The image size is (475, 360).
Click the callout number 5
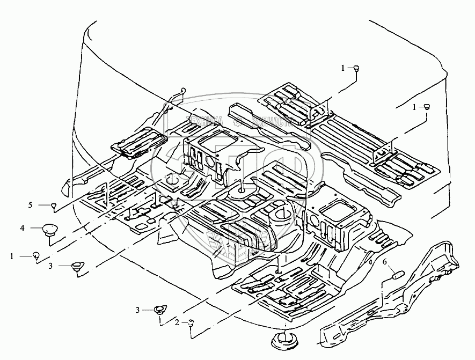(31, 205)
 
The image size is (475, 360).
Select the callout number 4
(23, 228)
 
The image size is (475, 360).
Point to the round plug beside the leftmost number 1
(36, 255)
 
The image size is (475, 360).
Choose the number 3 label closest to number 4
(50, 265)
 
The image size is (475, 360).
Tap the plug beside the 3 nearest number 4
(77, 266)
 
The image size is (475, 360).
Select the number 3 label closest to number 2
(137, 310)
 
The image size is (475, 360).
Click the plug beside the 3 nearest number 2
(160, 310)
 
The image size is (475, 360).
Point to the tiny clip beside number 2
(191, 322)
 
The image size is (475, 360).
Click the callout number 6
(384, 262)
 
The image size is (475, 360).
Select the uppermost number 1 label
(343, 68)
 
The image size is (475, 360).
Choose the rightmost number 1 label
(414, 107)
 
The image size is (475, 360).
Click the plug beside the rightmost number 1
(428, 107)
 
